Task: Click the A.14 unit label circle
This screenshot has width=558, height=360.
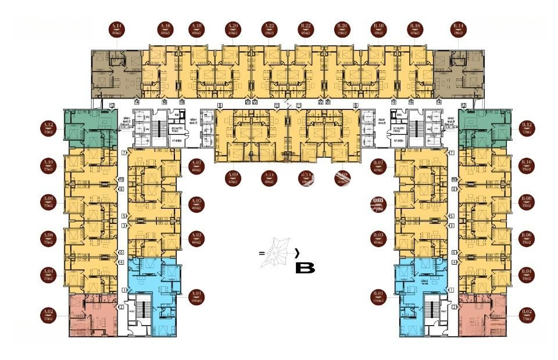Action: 117,30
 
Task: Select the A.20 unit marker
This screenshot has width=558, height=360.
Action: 233,30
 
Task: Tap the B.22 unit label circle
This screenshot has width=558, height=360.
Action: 306,30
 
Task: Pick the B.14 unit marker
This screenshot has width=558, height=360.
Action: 459,30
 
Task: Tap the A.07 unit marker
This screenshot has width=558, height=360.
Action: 196,166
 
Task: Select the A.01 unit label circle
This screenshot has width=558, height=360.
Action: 196,297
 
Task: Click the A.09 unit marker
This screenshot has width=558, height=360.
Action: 234,177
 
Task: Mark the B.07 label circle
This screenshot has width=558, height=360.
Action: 379,166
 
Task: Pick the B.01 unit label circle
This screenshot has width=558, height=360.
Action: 379,297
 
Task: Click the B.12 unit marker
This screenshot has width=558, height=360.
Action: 527,128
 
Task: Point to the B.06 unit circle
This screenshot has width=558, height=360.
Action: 527,238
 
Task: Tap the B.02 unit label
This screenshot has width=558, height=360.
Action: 527,316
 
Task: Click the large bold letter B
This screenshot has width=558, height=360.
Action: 305,269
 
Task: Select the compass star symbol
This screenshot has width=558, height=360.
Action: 278,254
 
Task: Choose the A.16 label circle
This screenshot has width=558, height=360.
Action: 164,30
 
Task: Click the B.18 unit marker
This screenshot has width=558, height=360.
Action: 379,30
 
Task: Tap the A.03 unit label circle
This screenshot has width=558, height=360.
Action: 196,238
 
